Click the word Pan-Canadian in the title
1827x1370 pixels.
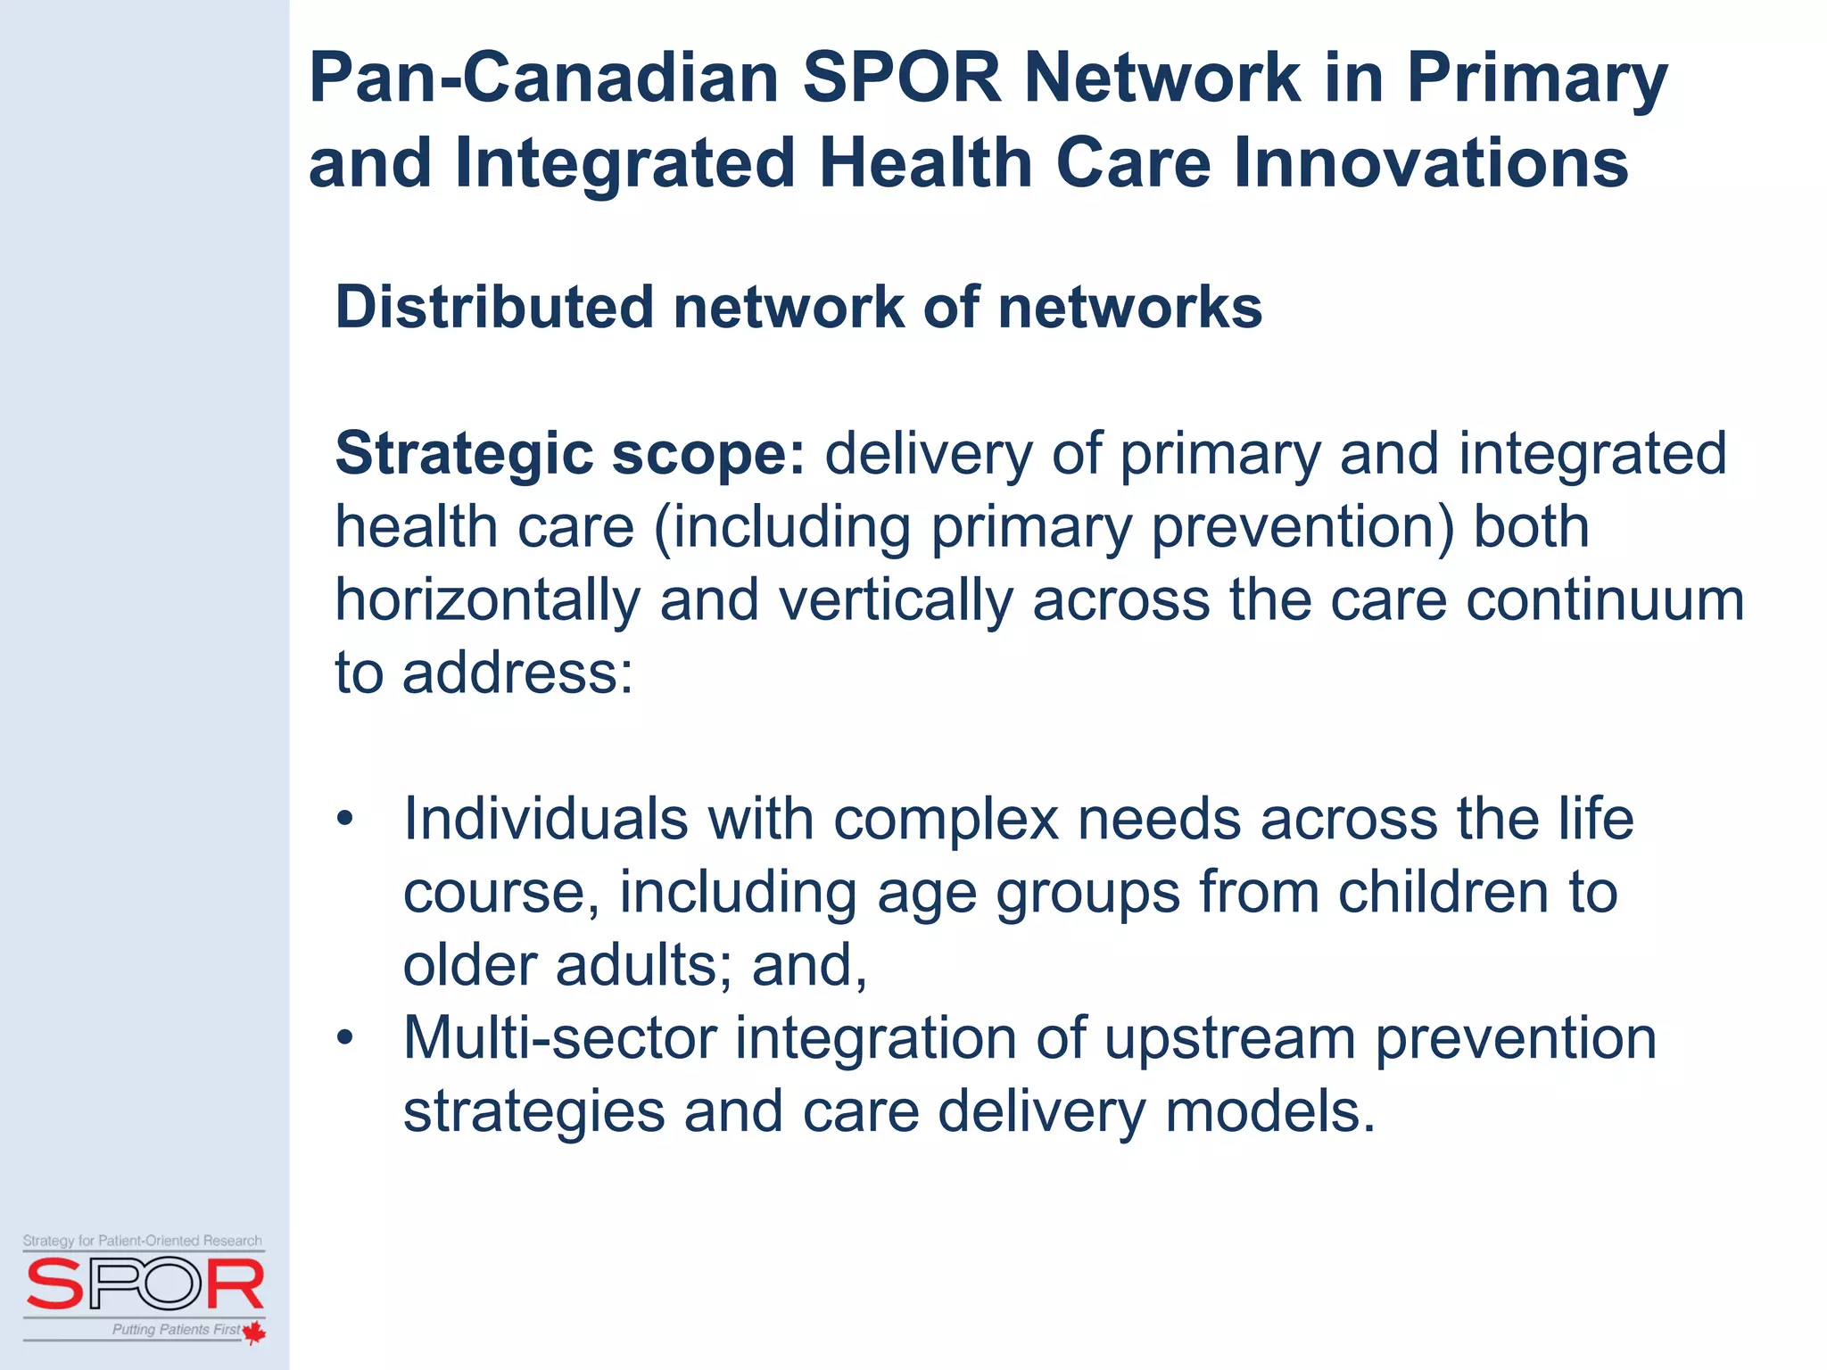point(544,78)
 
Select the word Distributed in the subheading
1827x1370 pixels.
point(494,308)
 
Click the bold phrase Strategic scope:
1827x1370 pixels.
point(570,454)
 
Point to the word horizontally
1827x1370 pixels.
point(487,599)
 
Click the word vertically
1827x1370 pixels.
point(895,599)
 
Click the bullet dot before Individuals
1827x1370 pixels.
point(345,819)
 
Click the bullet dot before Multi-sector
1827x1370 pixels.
point(345,1038)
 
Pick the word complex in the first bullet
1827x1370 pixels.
point(945,819)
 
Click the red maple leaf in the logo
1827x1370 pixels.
point(254,1332)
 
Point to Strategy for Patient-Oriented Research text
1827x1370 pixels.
point(143,1241)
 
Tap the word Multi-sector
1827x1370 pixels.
point(559,1038)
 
